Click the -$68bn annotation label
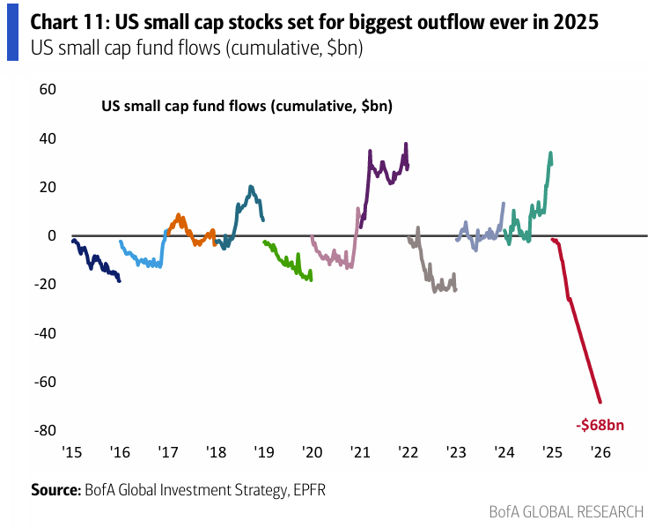click(x=601, y=424)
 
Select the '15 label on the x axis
click(x=72, y=452)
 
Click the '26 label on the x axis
click(x=600, y=452)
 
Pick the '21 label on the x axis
click(x=359, y=452)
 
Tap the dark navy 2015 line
click(x=92, y=261)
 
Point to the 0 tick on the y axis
click(x=50, y=235)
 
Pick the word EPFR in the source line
click(x=309, y=488)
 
